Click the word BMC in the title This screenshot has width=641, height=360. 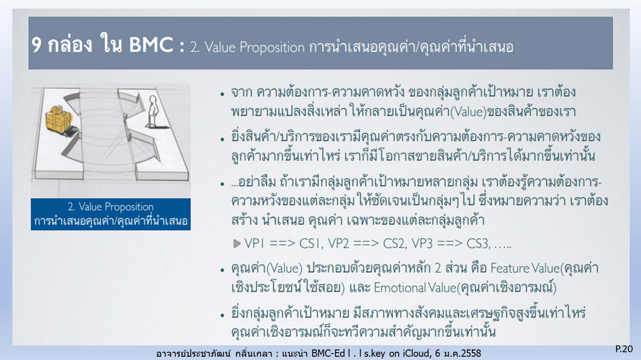tap(151, 44)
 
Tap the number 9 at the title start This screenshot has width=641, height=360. tap(37, 44)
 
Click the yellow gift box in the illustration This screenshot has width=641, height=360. tap(58, 118)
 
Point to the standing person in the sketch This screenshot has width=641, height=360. tap(153, 111)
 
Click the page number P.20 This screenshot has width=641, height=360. tap(624, 349)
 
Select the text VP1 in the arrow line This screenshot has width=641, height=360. tap(254, 244)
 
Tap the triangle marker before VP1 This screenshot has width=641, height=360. tap(237, 244)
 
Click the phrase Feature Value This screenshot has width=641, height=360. tap(525, 268)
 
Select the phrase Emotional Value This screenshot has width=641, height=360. tap(415, 287)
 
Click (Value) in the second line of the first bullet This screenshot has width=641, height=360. tap(468, 111)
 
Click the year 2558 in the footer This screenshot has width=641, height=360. tap(470, 353)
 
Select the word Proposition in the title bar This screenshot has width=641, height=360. tap(272, 48)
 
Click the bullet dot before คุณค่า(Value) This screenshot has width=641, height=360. tap(222, 270)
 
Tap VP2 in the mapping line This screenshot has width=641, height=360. tap(339, 244)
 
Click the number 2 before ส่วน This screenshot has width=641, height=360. tap(438, 268)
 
